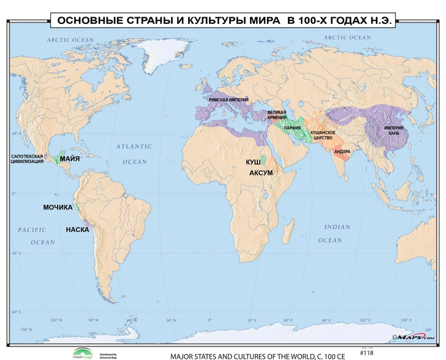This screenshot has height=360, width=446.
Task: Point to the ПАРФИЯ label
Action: (x=292, y=128)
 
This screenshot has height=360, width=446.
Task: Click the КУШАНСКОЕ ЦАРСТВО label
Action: (x=322, y=135)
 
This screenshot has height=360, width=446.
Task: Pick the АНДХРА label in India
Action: (x=342, y=151)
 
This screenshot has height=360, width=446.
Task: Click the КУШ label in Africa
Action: (x=253, y=161)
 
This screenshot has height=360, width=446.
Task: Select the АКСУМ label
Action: (x=261, y=174)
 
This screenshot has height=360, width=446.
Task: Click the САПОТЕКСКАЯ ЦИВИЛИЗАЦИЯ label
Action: (x=28, y=160)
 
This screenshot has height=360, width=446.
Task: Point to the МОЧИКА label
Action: (x=58, y=207)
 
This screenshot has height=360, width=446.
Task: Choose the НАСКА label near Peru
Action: (x=77, y=230)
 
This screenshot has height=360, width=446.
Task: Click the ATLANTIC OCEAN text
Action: (x=134, y=154)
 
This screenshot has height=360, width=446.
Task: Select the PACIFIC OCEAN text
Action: (x=36, y=236)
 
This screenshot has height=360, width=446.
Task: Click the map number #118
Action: (x=366, y=353)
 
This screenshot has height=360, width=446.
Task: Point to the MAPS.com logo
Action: (x=414, y=337)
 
